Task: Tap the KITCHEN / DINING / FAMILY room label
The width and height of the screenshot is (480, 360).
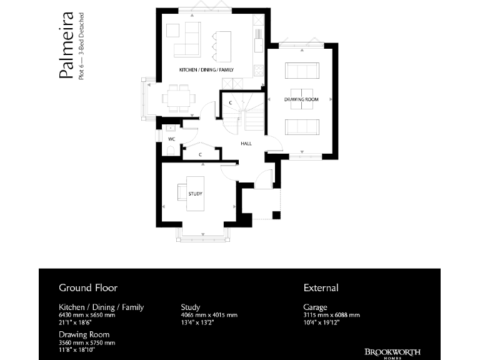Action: (206, 69)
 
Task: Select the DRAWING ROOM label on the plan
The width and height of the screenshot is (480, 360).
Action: (301, 99)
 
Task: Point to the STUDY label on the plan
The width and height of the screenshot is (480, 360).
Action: (195, 194)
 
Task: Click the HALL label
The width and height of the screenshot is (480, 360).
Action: (246, 144)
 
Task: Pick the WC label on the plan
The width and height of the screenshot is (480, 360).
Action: (171, 138)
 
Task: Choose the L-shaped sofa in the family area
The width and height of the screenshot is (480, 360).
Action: (182, 40)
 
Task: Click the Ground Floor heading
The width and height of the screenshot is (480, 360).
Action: (88, 288)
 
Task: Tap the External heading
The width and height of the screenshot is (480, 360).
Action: (321, 288)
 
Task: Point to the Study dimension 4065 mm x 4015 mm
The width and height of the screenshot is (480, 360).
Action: (209, 315)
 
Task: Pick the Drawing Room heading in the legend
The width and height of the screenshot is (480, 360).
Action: (84, 335)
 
